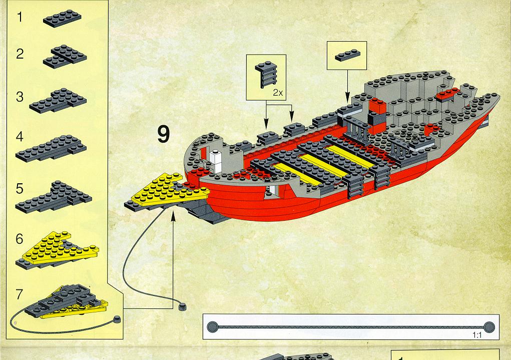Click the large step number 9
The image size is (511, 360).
(164, 134)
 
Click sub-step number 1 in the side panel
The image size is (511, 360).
(20, 17)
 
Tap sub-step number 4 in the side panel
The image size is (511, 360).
(20, 137)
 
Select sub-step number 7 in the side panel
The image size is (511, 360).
(19, 294)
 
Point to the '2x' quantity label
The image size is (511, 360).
(278, 93)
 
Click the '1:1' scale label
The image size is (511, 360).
(477, 335)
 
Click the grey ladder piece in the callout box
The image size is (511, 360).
(266, 75)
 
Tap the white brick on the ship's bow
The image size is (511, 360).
(215, 160)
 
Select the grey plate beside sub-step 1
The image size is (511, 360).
(62, 18)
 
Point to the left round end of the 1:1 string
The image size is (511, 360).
(213, 326)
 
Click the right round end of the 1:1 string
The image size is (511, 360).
(489, 327)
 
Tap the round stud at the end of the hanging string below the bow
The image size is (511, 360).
(182, 306)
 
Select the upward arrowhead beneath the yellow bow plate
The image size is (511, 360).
(173, 214)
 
